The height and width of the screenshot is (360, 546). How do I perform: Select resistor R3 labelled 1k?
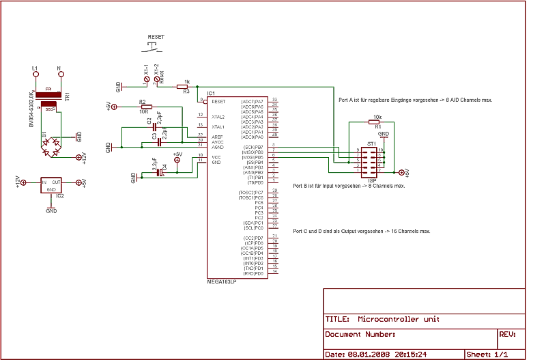[182, 87]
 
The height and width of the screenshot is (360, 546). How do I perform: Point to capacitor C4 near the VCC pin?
[161, 173]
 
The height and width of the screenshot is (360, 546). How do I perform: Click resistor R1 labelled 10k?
[377, 122]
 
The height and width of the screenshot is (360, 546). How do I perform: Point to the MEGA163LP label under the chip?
[222, 281]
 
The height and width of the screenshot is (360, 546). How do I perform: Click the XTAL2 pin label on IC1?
[218, 117]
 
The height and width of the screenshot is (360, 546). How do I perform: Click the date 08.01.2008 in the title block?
[368, 355]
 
